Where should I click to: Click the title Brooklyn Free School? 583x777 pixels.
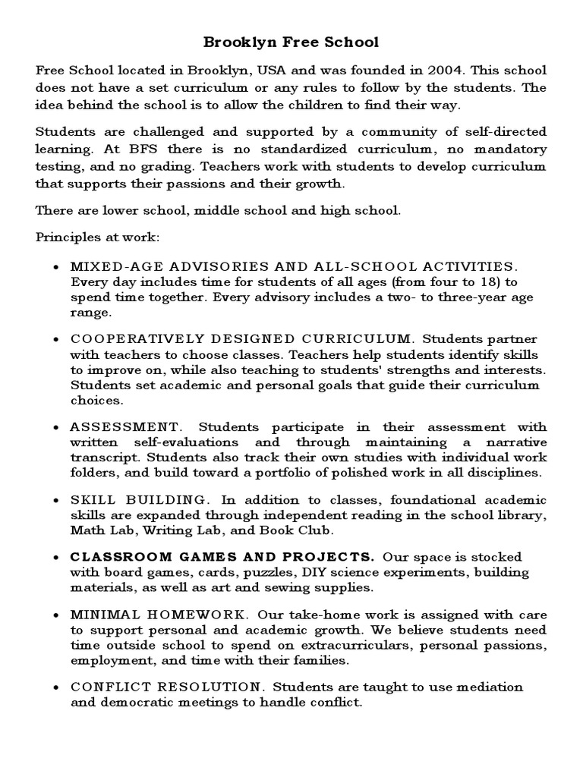pos(291,42)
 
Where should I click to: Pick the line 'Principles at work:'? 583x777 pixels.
pos(97,238)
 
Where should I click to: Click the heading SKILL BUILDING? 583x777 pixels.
pos(138,500)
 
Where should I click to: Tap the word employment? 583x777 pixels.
pos(109,659)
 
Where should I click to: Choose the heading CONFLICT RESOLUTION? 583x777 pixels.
pos(165,687)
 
